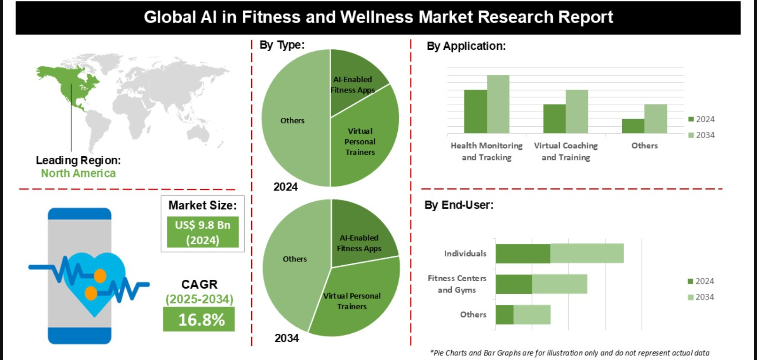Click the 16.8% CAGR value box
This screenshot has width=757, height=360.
click(x=199, y=319)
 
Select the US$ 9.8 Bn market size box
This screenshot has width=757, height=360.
click(x=202, y=232)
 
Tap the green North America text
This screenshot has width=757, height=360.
click(x=78, y=173)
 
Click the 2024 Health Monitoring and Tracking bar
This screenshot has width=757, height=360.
click(x=475, y=111)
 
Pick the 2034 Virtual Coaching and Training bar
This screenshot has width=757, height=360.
click(x=577, y=111)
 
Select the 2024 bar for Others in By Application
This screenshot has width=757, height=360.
click(x=633, y=126)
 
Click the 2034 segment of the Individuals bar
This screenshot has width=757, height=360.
click(x=587, y=253)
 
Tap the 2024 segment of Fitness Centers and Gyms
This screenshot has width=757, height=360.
click(x=514, y=284)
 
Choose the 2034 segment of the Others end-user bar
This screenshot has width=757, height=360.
click(x=532, y=314)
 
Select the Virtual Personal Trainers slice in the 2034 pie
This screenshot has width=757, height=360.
click(x=352, y=300)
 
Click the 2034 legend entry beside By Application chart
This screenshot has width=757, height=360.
click(x=702, y=135)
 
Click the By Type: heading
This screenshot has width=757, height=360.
click(x=282, y=45)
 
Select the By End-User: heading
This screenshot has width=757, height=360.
click(x=459, y=205)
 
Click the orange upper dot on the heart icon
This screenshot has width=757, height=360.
click(x=100, y=276)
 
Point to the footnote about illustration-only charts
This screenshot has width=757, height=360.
click(x=569, y=353)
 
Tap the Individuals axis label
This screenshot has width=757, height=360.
click(x=465, y=253)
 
